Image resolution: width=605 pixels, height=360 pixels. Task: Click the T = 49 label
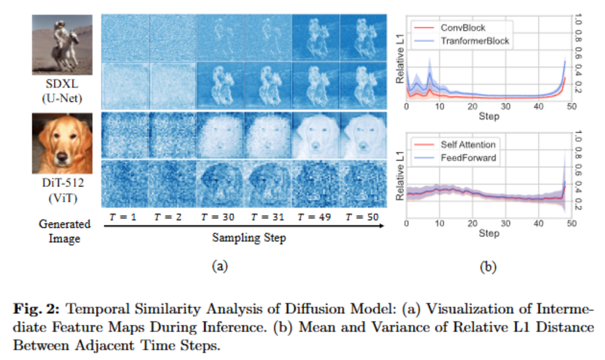coord(315,217)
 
